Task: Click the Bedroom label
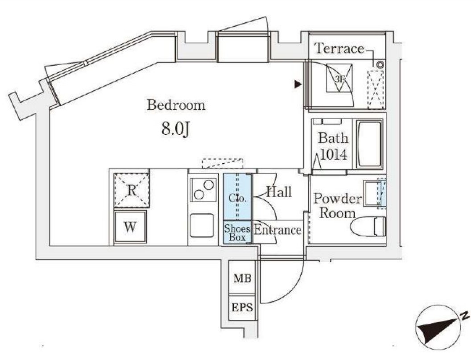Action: (176, 106)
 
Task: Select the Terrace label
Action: (339, 49)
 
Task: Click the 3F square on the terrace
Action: (339, 78)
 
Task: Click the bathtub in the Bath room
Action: (369, 144)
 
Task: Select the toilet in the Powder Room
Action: (368, 227)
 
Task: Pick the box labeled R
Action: (131, 190)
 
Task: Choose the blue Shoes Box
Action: (237, 232)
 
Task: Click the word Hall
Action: (279, 192)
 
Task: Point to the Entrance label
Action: (277, 230)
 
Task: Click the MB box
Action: (242, 279)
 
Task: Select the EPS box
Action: (242, 307)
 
